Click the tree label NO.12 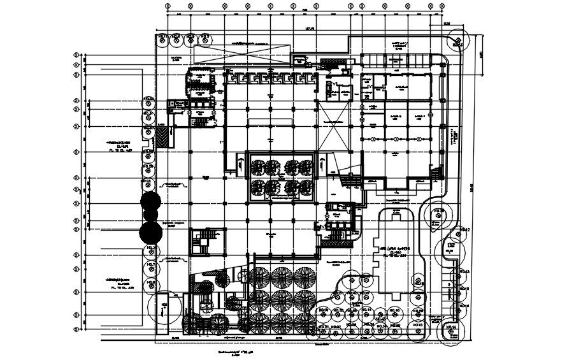pos(465,229)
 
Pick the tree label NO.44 pos(367,310)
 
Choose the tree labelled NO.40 pos(394,310)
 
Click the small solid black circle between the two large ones pos(150,217)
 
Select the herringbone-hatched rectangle pos(165,137)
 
